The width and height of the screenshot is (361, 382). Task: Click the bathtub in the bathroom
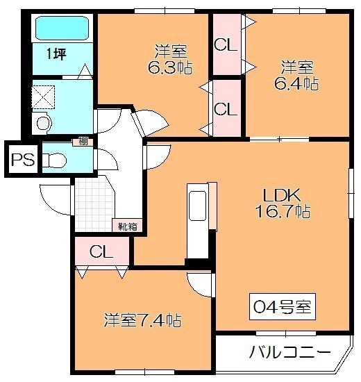point(62,28)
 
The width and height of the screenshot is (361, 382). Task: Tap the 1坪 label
point(56,54)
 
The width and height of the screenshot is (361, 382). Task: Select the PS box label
point(23,160)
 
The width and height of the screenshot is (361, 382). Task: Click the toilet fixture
point(54,160)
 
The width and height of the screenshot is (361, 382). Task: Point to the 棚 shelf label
point(83,142)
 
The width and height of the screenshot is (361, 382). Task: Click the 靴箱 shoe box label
point(128,227)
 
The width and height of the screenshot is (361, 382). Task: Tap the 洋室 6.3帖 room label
point(171,59)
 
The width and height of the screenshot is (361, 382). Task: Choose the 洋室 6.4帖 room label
point(296,75)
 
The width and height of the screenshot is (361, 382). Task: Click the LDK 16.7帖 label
point(283,203)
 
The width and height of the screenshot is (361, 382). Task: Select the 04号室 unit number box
point(283,306)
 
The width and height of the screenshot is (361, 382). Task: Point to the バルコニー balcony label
point(290,352)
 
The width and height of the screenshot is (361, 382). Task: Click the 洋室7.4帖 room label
point(143,320)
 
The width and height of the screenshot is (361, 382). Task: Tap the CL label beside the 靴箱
point(101,251)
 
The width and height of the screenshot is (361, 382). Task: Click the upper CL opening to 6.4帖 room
point(226,44)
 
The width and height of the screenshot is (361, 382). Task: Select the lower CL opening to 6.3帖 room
point(226,108)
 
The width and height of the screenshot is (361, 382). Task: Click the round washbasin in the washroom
point(43,123)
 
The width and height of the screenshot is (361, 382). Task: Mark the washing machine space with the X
point(43,97)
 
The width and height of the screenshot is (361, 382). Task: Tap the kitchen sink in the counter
point(197,206)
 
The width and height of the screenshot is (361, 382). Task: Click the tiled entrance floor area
point(94,205)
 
